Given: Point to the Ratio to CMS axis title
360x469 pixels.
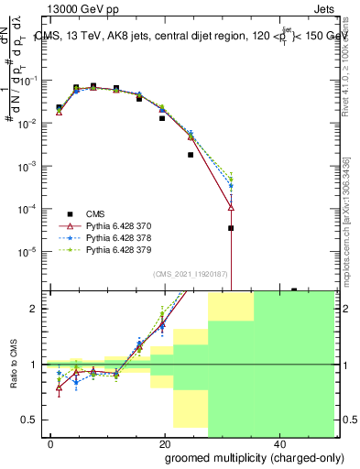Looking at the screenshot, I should tap(12, 365).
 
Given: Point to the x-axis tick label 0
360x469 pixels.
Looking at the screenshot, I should tap(51, 444).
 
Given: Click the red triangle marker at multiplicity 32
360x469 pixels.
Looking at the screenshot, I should tap(231, 207).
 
